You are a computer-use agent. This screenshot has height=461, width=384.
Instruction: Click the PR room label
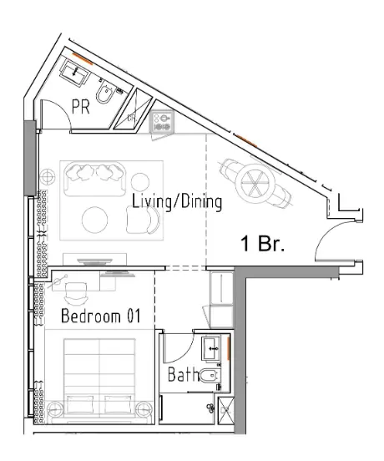[80, 106]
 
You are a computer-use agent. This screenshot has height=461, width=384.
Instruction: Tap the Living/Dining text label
[176, 201]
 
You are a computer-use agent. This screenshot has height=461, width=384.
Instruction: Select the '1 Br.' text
[263, 245]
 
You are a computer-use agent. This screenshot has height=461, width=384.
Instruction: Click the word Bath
[183, 375]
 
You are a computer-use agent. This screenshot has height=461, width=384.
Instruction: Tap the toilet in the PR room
[107, 96]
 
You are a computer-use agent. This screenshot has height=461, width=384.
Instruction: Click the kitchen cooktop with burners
[160, 124]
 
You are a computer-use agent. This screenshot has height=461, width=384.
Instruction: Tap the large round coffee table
[94, 219]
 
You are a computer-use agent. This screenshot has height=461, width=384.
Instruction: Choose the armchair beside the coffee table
[144, 220]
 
